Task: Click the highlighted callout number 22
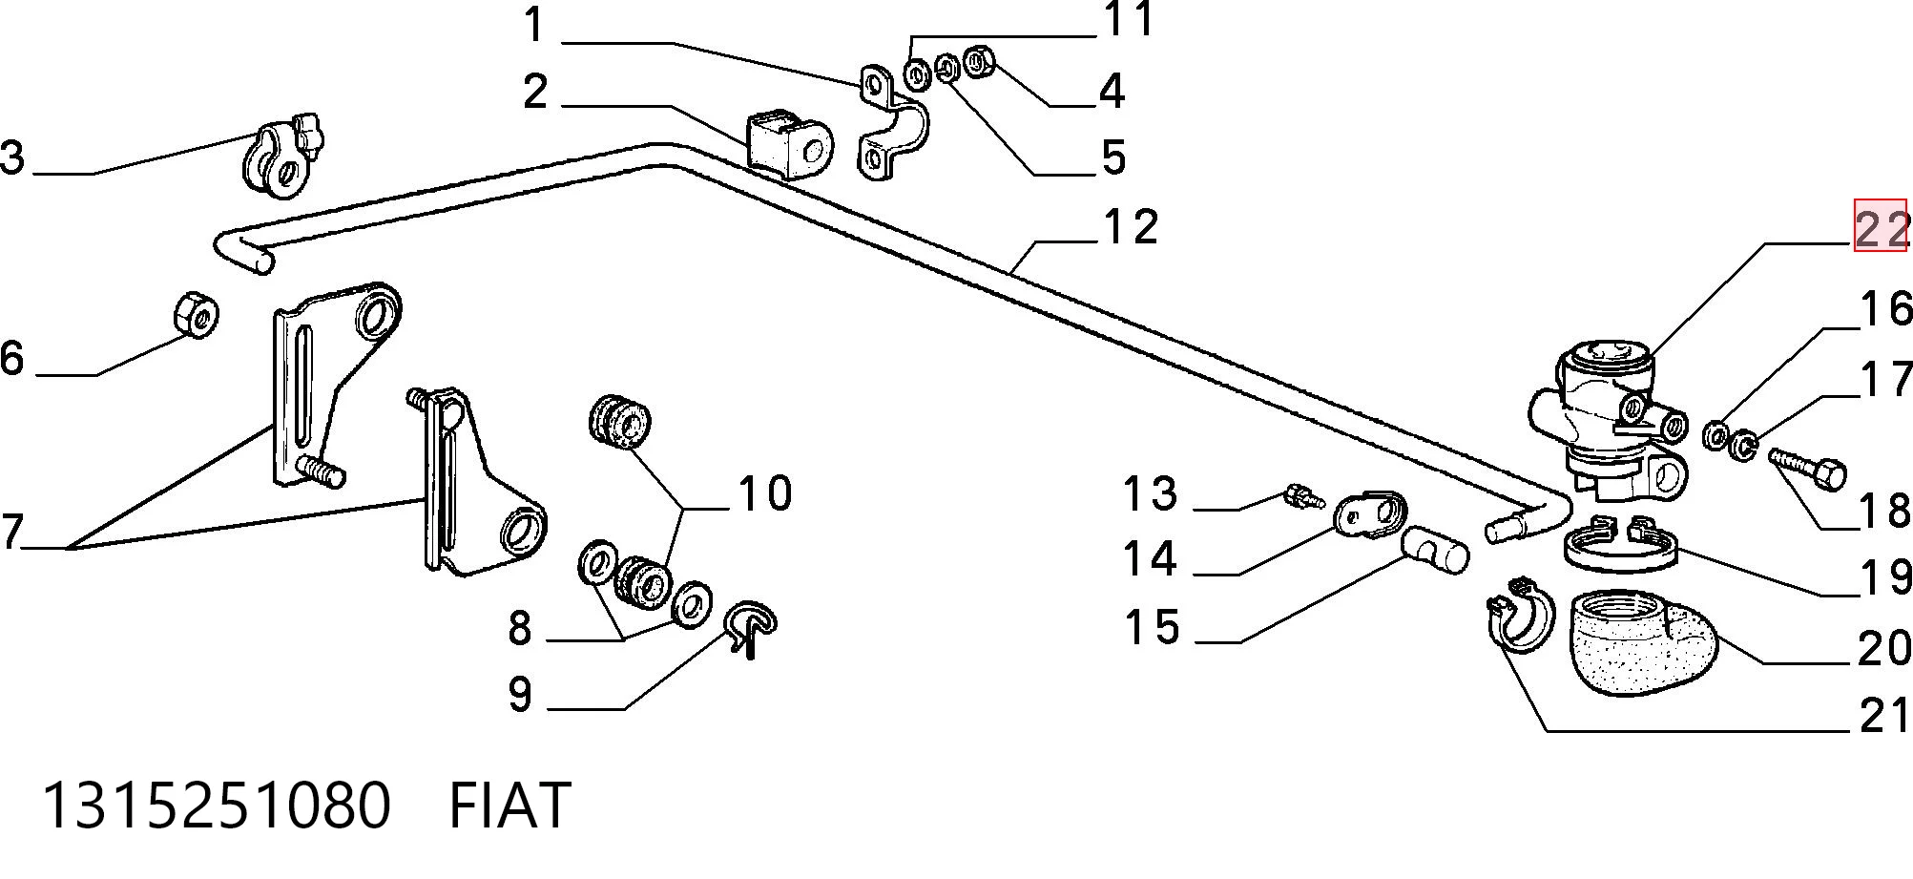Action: [1881, 230]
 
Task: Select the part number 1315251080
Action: [217, 806]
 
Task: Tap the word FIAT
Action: [509, 806]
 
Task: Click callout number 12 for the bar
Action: [1130, 227]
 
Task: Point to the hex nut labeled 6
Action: [197, 314]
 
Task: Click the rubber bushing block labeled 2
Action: [789, 145]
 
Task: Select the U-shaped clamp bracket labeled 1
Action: [893, 122]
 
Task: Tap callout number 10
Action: [765, 493]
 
